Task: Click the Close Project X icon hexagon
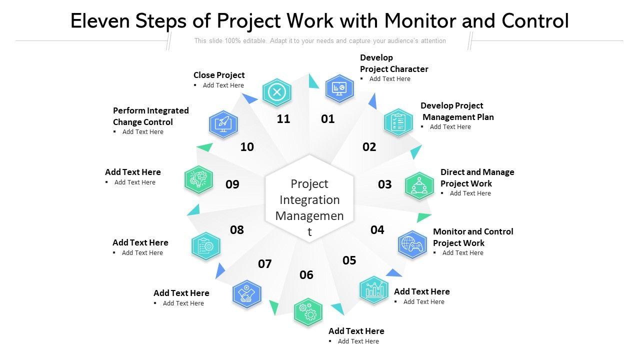[276, 92]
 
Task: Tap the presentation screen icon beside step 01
[339, 88]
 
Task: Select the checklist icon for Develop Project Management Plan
[398, 122]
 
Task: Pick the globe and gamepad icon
[412, 244]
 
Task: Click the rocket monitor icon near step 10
[223, 124]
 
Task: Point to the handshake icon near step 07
[247, 293]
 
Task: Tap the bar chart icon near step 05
[374, 289]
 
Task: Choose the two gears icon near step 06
[308, 312]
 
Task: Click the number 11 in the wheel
[283, 119]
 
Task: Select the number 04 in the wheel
[377, 229]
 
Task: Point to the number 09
[232, 184]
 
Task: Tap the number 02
[369, 147]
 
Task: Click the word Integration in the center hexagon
[309, 200]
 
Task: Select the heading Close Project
[219, 75]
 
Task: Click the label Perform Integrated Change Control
[150, 116]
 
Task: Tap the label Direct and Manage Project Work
[477, 177]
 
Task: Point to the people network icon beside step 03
[418, 186]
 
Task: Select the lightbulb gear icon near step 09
[198, 179]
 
